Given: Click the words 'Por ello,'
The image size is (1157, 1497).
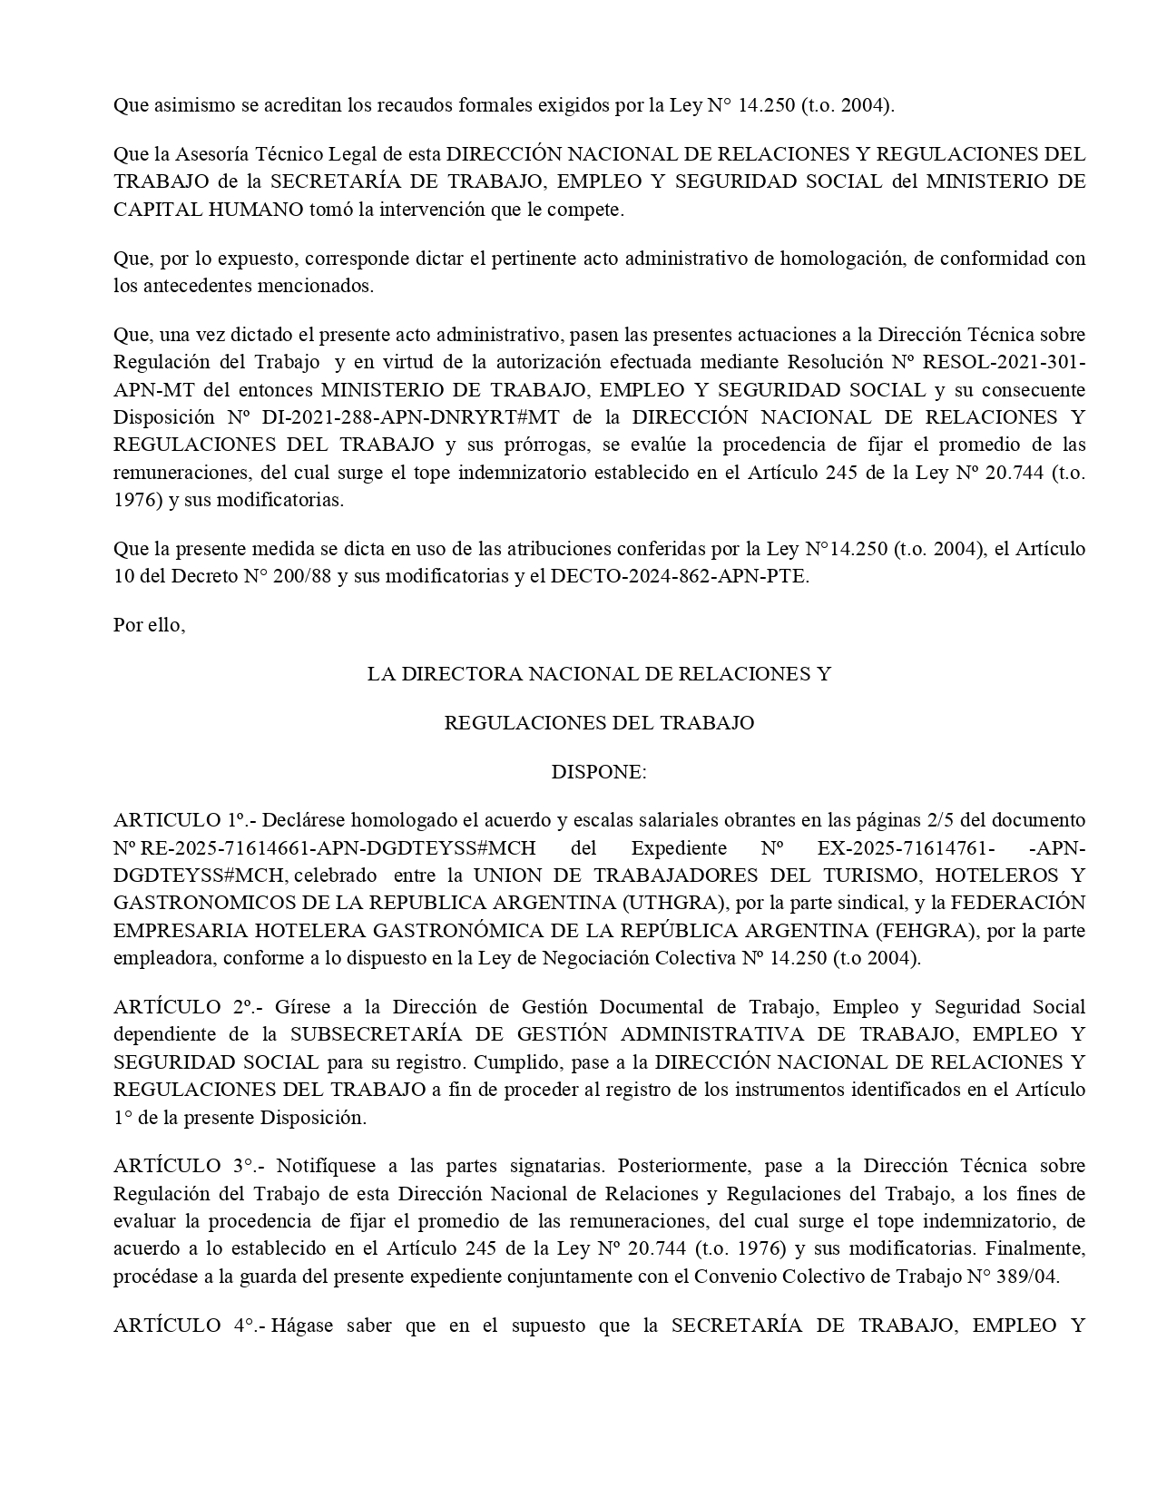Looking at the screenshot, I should click(149, 625).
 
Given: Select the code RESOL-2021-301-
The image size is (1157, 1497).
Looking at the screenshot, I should click(1003, 362).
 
